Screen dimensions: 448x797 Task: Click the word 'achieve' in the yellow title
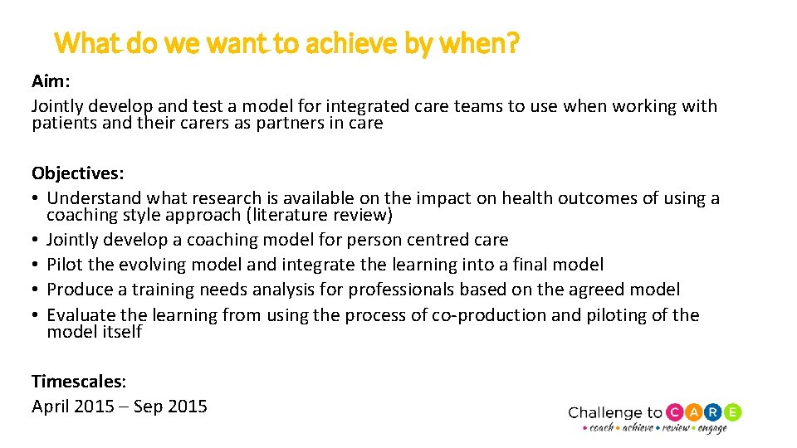click(350, 42)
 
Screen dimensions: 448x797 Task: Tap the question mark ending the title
click(513, 42)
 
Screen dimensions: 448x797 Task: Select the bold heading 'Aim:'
click(50, 81)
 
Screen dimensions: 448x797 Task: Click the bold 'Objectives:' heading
click(78, 173)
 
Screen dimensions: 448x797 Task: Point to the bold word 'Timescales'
click(77, 381)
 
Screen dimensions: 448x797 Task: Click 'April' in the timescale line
click(51, 407)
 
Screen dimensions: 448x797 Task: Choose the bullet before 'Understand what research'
click(36, 198)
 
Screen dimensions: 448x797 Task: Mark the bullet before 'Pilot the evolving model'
click(36, 265)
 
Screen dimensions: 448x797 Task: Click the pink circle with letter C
click(675, 412)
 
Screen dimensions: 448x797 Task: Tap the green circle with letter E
click(732, 412)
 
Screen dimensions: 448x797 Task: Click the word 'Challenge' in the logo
click(606, 413)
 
